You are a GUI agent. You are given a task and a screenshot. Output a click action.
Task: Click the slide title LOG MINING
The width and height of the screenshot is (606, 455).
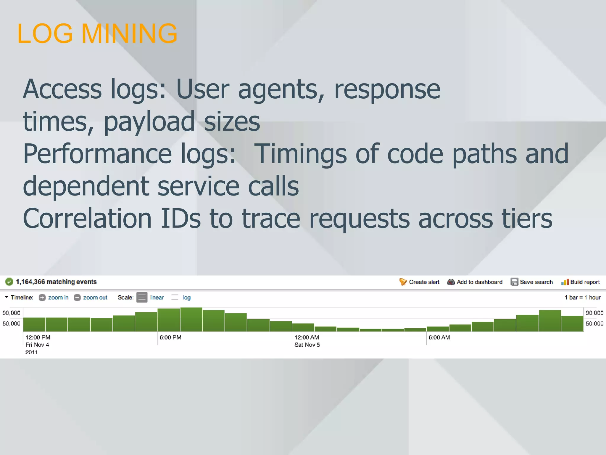[x=97, y=33]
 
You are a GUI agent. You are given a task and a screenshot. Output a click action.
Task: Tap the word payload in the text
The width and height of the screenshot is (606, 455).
[x=149, y=121]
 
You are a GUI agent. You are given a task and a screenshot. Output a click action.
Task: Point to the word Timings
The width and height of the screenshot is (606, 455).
[x=300, y=154]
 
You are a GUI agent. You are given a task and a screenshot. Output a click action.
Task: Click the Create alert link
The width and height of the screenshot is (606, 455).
[x=419, y=282]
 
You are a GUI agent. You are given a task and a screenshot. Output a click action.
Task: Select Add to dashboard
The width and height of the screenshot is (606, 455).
[x=475, y=282]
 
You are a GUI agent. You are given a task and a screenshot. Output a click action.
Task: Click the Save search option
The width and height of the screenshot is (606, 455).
[x=532, y=282]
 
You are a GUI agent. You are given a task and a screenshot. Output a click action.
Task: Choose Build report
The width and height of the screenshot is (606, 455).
[x=581, y=282]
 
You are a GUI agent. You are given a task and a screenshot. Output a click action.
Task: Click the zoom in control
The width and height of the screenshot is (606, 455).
[x=54, y=297]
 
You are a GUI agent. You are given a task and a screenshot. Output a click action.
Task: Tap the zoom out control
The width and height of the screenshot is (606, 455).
[x=91, y=297]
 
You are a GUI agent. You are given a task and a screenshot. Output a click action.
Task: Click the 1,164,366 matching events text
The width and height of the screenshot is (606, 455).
[x=56, y=282]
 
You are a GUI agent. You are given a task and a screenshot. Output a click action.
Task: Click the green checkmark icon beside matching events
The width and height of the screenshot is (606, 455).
[x=9, y=282]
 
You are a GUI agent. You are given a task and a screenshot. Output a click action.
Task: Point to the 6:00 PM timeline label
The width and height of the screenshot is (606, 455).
[x=170, y=337]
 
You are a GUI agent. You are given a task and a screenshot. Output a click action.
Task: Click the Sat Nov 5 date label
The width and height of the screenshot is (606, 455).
[x=307, y=345]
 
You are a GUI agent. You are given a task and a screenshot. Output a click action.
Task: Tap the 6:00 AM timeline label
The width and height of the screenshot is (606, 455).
[x=439, y=337]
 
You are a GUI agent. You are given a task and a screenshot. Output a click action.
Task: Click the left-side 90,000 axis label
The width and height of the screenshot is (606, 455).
[x=12, y=313]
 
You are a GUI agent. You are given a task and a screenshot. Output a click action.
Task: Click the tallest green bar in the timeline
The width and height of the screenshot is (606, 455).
[x=191, y=320]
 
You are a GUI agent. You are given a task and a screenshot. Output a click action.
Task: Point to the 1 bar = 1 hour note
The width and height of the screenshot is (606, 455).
[x=582, y=297]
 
